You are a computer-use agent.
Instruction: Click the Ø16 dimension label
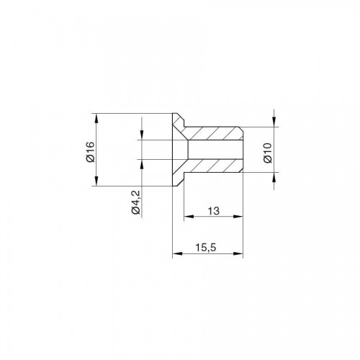(91, 152)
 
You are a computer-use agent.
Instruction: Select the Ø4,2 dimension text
(135, 202)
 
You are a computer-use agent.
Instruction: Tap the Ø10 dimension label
(268, 153)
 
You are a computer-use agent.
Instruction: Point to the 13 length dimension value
(214, 211)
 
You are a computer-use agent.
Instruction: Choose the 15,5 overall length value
(206, 248)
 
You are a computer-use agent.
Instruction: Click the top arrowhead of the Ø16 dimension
(96, 118)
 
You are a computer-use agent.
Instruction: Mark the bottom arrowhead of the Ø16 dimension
(96, 181)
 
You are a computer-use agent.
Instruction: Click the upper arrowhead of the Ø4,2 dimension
(142, 135)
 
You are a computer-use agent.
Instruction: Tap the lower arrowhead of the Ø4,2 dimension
(142, 164)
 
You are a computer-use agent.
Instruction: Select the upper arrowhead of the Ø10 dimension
(274, 122)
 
